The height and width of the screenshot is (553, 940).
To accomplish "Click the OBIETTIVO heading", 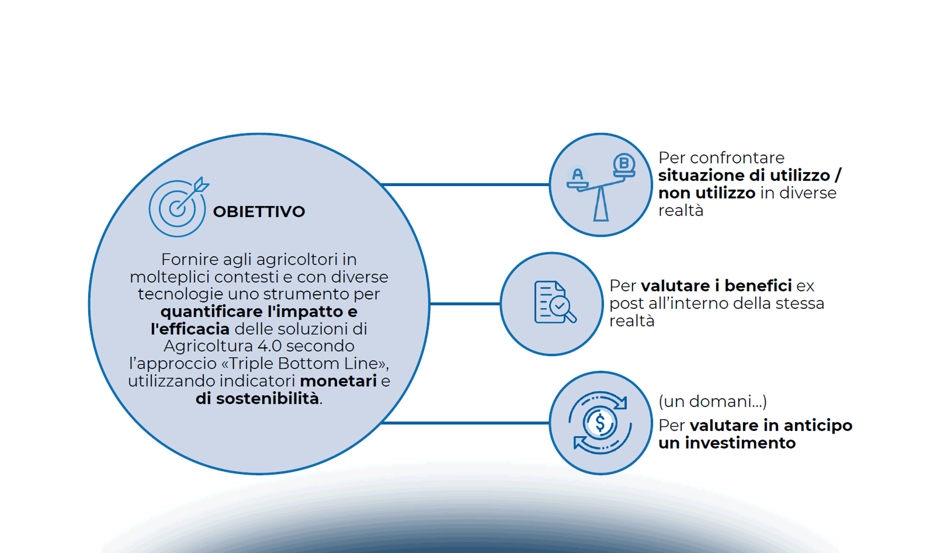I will pos(258,212).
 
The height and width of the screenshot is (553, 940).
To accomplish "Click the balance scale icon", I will pos(600,187).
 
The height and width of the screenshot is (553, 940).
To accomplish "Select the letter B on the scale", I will pos(624,163).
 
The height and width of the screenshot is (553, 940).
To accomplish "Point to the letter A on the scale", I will pos(577,175).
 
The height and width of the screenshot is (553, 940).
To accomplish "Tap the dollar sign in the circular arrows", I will pos(600,422).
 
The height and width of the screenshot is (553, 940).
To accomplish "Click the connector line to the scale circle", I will pos(465,185).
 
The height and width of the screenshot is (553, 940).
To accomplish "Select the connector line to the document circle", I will pos(464,304).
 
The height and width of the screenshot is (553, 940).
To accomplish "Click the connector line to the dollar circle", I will pos(465,423).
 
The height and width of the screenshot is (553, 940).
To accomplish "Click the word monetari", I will pos(338,381).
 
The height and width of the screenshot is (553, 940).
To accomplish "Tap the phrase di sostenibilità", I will pos(257,399).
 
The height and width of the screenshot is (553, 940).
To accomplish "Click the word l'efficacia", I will pos(190,329).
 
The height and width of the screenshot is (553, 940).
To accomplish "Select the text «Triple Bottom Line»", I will pos(304,364).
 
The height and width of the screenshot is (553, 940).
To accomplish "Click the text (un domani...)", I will pos(712,401).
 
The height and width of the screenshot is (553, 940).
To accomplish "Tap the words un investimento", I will pos(727,443).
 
